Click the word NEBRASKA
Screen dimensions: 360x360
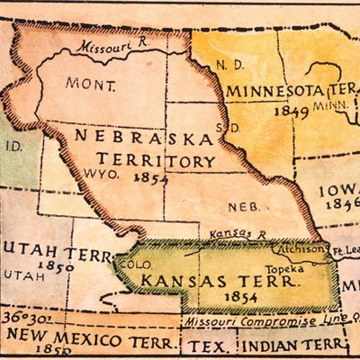coord(144,139)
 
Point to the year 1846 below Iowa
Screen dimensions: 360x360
coord(342,205)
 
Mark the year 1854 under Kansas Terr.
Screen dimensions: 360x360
coord(217,298)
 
